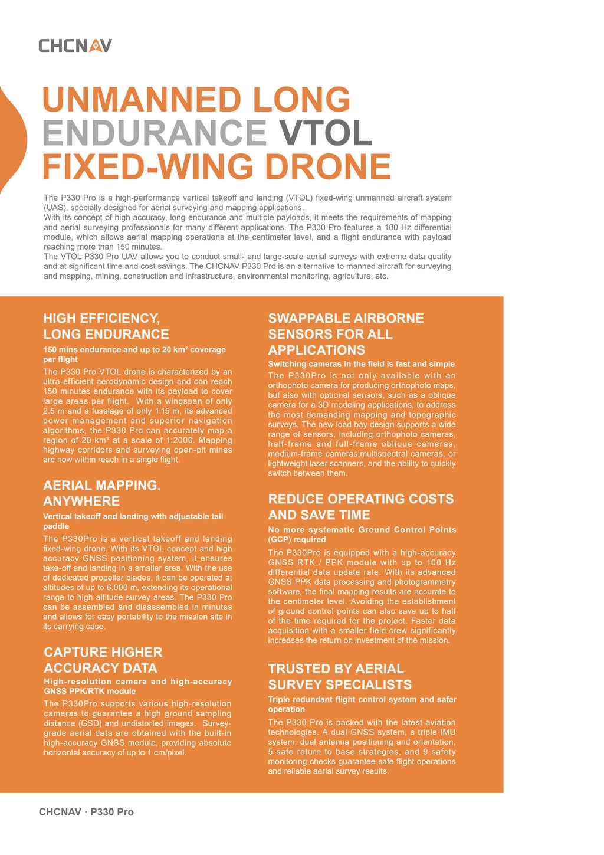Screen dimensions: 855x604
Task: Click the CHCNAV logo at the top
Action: point(75,45)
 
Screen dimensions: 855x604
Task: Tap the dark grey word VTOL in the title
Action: point(326,133)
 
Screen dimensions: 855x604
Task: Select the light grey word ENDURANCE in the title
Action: point(155,133)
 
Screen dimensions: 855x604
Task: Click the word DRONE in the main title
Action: point(327,166)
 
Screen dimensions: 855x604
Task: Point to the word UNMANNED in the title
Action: point(142,99)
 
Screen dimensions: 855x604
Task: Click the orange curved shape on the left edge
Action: point(12,139)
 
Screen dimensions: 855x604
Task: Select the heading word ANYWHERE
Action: point(81,501)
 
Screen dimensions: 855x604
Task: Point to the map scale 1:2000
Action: point(176,440)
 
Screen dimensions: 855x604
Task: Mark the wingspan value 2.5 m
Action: point(54,411)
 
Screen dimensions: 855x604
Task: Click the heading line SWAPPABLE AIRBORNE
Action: point(346,319)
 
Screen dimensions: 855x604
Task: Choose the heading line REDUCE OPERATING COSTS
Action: point(360,499)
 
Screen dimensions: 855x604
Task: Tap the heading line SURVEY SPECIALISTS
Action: point(340,684)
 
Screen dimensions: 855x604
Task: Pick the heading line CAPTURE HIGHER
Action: point(103,652)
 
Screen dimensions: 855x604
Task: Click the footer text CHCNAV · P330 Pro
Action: point(86,812)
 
